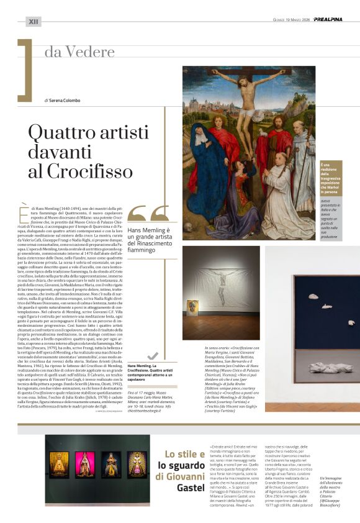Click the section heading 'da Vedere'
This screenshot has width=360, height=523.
pyautogui.click(x=78, y=52)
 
